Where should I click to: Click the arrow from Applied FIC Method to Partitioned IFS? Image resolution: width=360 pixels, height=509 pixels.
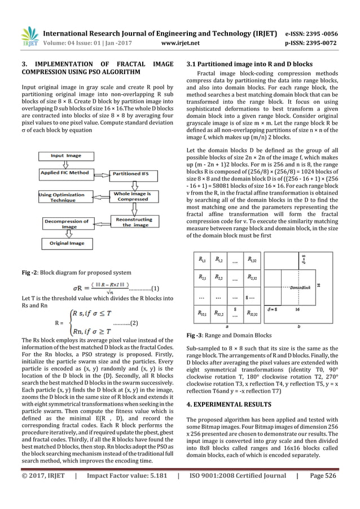[100, 173]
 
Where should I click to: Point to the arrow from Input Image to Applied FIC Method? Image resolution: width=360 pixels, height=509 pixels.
[65, 164]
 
